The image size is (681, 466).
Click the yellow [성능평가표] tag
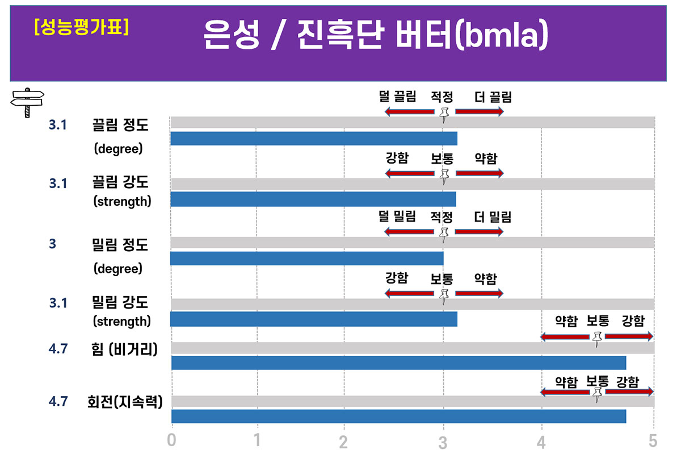point(81,26)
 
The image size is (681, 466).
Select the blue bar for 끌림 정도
point(313,139)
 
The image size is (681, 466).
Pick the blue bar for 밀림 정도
point(306,259)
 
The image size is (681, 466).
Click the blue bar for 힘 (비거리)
point(398,363)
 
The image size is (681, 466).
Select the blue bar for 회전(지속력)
point(398,416)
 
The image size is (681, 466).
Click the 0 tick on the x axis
point(171,440)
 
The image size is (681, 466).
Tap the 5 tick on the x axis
point(653,440)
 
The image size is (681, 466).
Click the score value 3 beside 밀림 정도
point(53,244)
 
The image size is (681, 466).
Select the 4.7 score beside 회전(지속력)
point(58,401)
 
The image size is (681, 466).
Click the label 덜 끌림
point(397,97)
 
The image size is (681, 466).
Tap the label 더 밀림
point(493,217)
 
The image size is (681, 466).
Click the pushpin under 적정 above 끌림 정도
point(444,114)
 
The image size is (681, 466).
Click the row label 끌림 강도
point(120,183)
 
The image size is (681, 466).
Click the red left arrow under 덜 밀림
point(410,231)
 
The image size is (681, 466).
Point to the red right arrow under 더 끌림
point(479,111)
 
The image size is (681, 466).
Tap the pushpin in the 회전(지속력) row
point(596,394)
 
